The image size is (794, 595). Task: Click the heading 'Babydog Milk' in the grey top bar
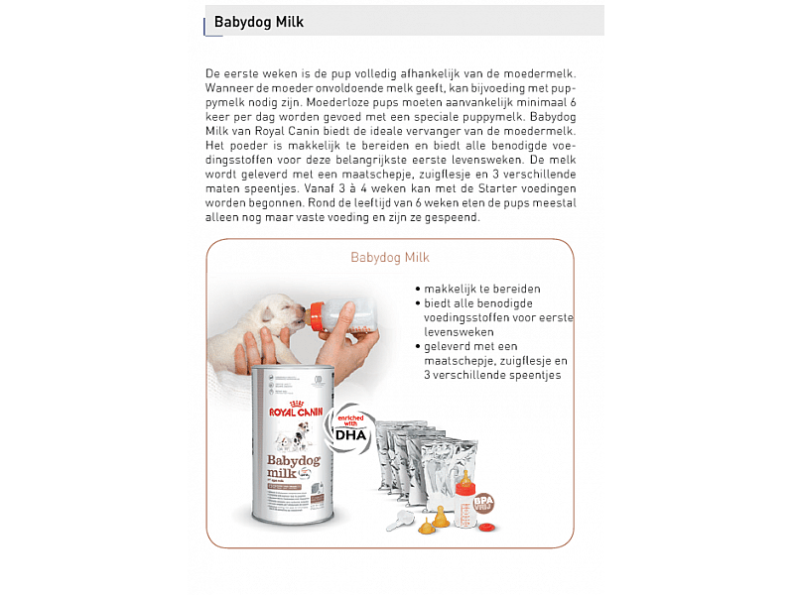click(x=259, y=22)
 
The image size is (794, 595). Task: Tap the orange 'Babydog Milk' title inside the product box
click(x=389, y=258)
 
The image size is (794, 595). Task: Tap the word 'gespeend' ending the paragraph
click(x=454, y=217)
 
